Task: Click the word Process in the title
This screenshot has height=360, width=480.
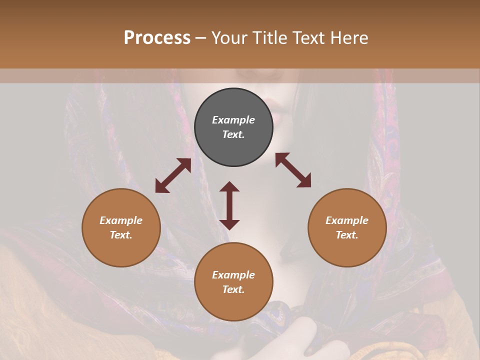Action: tap(157, 38)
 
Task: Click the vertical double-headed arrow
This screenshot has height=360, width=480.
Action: tap(229, 205)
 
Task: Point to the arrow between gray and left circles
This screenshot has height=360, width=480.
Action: tap(173, 175)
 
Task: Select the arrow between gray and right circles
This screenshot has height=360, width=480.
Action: tap(293, 170)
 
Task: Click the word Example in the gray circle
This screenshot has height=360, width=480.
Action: tap(233, 120)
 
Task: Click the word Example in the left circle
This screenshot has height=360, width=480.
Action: tap(121, 220)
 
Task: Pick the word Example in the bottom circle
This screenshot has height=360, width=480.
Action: tap(233, 275)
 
